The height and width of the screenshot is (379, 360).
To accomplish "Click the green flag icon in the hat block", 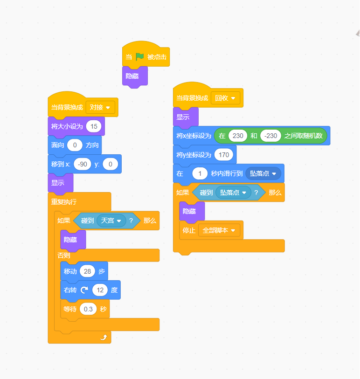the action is pyautogui.click(x=140, y=57).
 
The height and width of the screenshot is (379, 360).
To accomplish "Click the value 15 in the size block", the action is pyautogui.click(x=94, y=126).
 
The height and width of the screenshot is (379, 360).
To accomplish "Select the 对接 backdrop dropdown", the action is pyautogui.click(x=100, y=107).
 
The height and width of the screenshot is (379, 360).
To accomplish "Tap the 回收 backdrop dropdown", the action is pyautogui.click(x=226, y=98).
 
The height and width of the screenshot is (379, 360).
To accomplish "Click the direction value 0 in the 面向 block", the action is pyautogui.click(x=75, y=145).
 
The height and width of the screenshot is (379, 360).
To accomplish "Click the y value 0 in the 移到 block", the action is pyautogui.click(x=110, y=164).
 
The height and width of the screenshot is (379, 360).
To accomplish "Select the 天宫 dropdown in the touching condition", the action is pyautogui.click(x=111, y=221).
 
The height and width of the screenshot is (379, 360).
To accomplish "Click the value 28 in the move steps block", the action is pyautogui.click(x=87, y=271).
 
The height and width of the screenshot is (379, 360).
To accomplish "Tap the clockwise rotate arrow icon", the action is pyautogui.click(x=84, y=290).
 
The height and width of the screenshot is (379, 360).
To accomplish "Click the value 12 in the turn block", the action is pyautogui.click(x=100, y=290).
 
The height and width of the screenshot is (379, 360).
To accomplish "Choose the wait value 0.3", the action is pyautogui.click(x=88, y=309).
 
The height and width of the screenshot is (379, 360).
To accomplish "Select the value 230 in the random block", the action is pyautogui.click(x=238, y=136).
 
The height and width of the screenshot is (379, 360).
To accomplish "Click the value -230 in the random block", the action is pyautogui.click(x=271, y=136).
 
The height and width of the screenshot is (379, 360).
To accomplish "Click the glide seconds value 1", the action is pyautogui.click(x=200, y=173).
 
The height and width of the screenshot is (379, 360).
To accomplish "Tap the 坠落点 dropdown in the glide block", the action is pyautogui.click(x=263, y=173).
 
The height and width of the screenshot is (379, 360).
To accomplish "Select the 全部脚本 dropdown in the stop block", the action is pyautogui.click(x=219, y=230).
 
